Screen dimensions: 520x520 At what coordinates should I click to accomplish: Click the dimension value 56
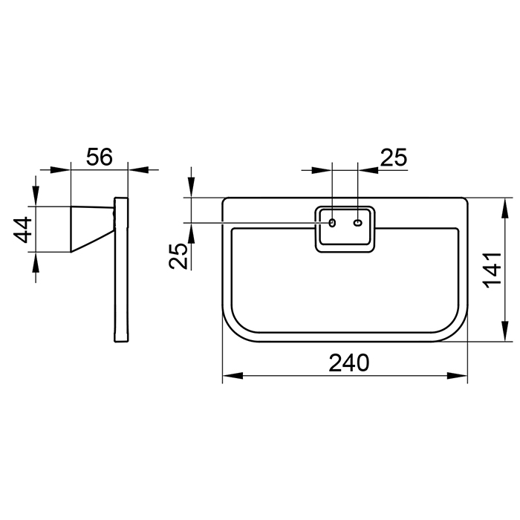point(99,157)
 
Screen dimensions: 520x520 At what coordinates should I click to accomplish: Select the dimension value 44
point(22,230)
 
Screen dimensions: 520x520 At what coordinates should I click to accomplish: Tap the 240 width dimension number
point(348,363)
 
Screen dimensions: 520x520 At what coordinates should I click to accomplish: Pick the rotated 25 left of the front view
point(178,256)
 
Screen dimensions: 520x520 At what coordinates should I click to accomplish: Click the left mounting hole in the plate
point(332,223)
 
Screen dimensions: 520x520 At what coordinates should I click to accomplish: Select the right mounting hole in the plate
point(357,223)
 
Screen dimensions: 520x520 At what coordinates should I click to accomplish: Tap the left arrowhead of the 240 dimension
point(232,376)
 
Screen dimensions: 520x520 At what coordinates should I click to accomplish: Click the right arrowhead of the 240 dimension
point(458,376)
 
